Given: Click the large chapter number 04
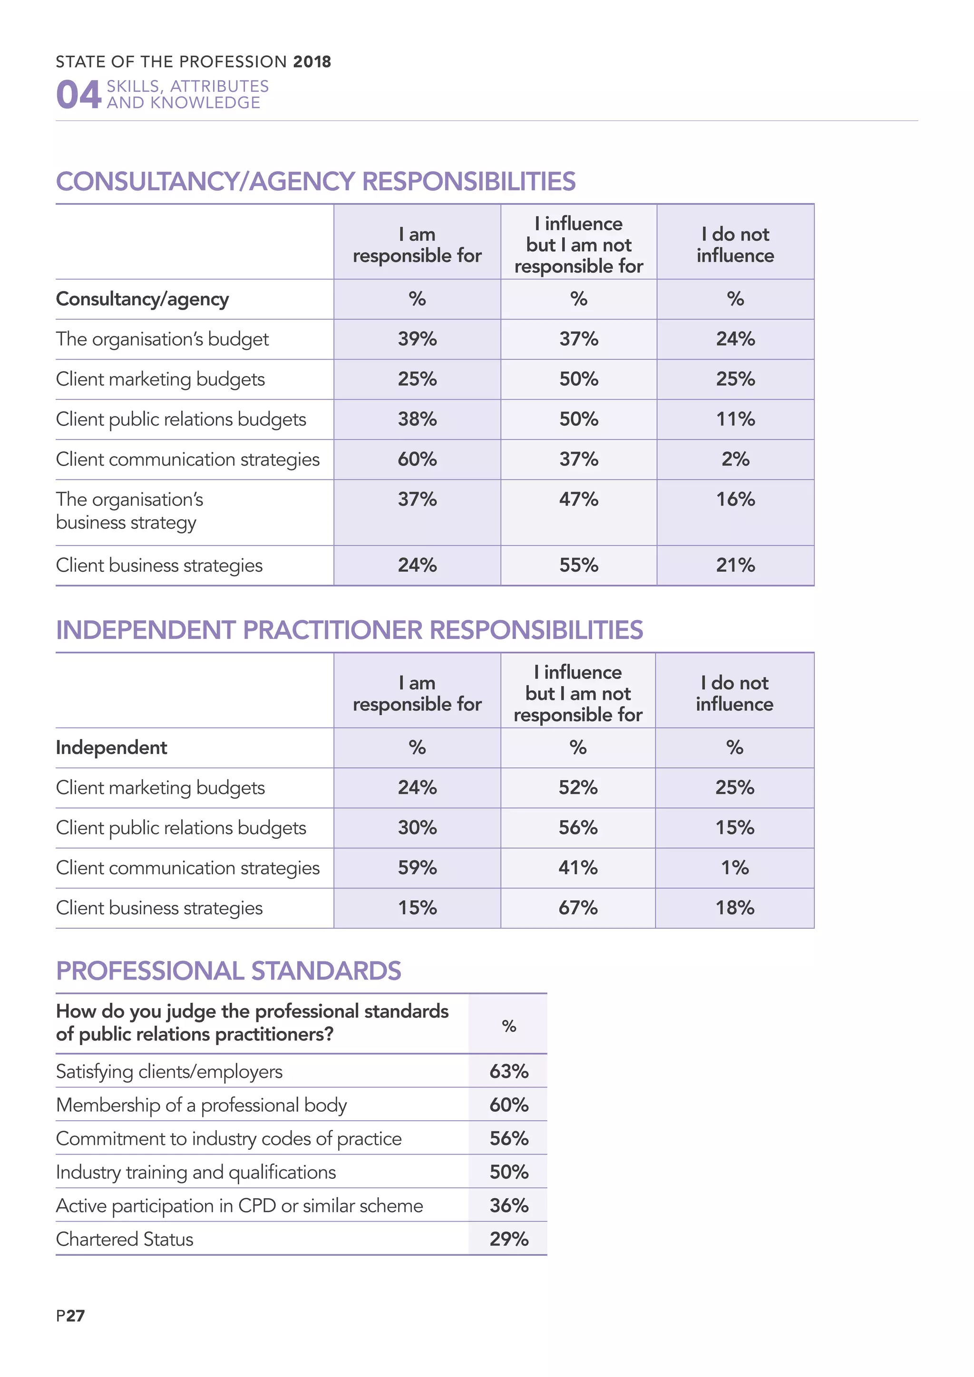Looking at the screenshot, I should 78,95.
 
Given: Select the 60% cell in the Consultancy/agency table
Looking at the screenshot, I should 417,459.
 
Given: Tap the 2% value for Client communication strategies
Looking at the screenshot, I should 735,459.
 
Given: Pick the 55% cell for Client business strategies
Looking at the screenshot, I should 579,565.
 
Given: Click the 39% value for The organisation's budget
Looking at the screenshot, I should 417,339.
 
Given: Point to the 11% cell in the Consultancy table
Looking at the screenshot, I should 735,419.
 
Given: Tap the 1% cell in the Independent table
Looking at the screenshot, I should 735,868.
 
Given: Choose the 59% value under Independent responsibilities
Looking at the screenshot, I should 417,868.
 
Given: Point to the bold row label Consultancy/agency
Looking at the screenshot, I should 142,299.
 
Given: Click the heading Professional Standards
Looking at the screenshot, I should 228,971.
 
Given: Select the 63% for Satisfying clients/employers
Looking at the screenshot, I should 508,1071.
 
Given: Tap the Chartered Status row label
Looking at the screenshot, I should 125,1239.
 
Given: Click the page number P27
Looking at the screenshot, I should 70,1316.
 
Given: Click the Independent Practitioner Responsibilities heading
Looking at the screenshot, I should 349,630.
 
